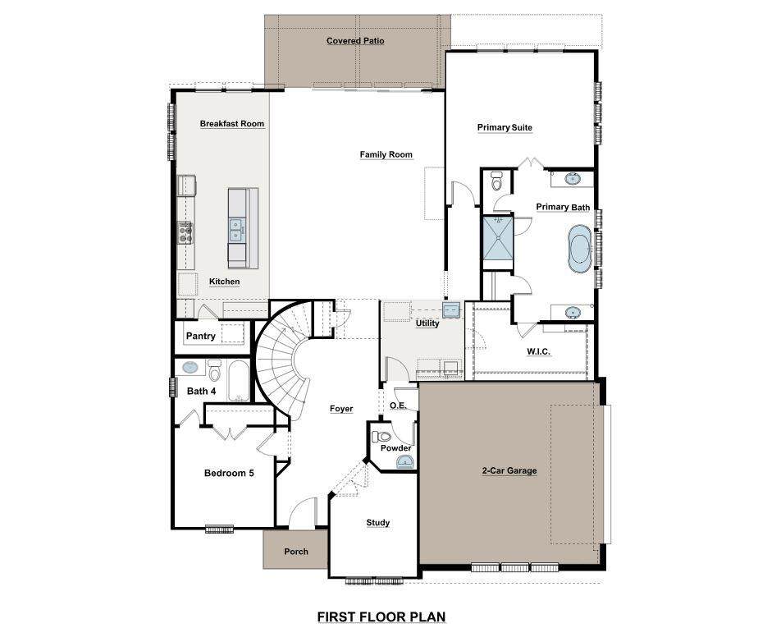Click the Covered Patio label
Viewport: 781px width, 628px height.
pyautogui.click(x=355, y=41)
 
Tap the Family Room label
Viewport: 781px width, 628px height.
pyautogui.click(x=386, y=154)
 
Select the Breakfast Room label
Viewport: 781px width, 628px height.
pyautogui.click(x=232, y=124)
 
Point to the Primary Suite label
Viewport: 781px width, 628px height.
pyautogui.click(x=505, y=127)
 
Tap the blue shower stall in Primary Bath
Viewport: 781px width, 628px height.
pyautogui.click(x=498, y=237)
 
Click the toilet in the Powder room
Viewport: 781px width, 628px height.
pyautogui.click(x=381, y=437)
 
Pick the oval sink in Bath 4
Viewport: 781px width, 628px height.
pyautogui.click(x=190, y=368)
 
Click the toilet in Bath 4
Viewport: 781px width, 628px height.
pyautogui.click(x=214, y=370)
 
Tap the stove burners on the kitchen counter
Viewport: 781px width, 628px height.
pyautogui.click(x=185, y=233)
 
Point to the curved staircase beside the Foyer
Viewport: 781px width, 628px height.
pyautogui.click(x=281, y=358)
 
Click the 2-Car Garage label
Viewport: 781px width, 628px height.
pyautogui.click(x=509, y=470)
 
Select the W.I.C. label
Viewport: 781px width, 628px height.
pyautogui.click(x=538, y=352)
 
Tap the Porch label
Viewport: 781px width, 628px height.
pyautogui.click(x=296, y=552)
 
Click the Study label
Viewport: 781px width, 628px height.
pyautogui.click(x=377, y=523)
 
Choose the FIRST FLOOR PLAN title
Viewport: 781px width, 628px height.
pyautogui.click(x=381, y=617)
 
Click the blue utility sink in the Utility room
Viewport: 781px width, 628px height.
pyautogui.click(x=452, y=309)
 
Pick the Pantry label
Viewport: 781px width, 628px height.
pyautogui.click(x=201, y=337)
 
